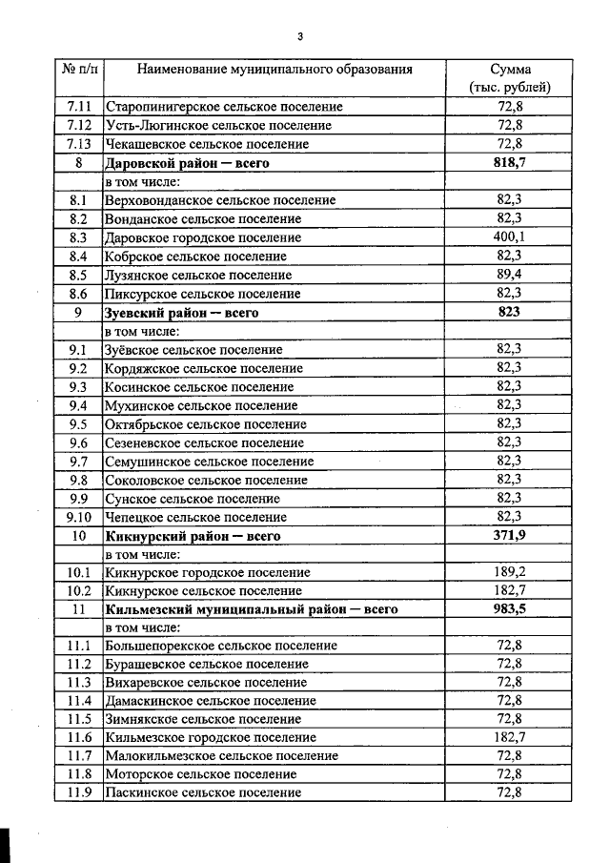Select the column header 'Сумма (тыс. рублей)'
click(510, 78)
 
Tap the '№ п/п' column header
click(79, 70)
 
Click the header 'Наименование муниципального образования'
click(274, 70)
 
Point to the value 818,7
click(510, 163)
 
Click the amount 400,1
click(510, 237)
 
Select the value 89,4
click(510, 275)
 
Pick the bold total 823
click(510, 312)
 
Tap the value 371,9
click(510, 536)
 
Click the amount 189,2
click(510, 573)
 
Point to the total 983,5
click(510, 609)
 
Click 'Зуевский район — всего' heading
click(182, 312)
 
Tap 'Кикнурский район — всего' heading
click(193, 536)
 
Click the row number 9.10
click(79, 517)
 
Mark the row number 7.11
click(79, 107)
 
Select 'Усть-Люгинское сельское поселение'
click(218, 126)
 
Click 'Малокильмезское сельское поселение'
click(221, 755)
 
